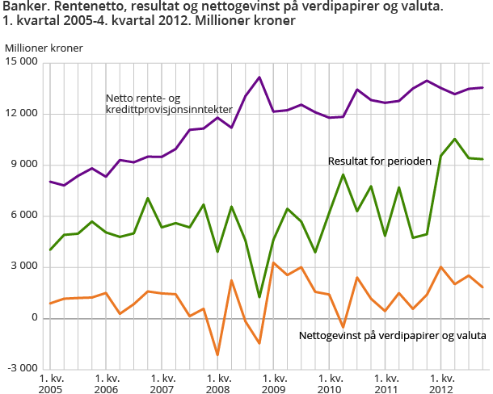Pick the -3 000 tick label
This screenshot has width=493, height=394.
(23, 369)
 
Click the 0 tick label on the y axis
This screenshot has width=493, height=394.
(35, 318)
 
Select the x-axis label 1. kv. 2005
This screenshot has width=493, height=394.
(51, 383)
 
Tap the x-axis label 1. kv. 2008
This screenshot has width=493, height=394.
(218, 383)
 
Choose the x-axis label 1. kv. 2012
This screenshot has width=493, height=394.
(441, 383)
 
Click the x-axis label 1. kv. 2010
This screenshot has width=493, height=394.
(330, 383)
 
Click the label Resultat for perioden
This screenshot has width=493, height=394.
(379, 161)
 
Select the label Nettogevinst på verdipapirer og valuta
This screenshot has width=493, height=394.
(392, 335)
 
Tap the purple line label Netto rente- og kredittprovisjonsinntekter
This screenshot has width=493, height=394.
(169, 103)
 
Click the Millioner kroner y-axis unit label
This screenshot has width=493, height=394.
(43, 47)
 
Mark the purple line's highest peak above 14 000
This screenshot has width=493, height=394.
(259, 78)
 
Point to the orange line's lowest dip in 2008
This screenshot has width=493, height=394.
(217, 354)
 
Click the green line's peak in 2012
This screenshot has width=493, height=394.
(455, 139)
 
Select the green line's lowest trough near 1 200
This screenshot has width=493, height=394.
(259, 297)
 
